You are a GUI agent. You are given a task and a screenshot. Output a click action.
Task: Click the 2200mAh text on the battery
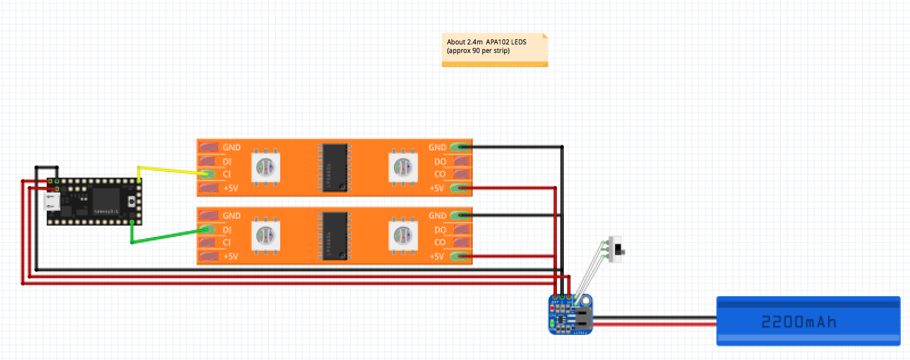point(798,322)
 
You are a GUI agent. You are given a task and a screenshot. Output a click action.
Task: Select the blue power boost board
point(571,314)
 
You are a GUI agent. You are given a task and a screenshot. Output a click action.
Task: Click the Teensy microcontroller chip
point(105,200)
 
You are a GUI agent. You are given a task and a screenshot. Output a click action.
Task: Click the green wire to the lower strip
point(165,236)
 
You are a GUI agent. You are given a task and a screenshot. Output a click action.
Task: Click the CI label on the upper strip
point(227,174)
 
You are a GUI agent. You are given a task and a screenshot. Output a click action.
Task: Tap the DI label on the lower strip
point(227,230)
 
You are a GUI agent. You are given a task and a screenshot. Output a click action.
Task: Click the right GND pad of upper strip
point(460,147)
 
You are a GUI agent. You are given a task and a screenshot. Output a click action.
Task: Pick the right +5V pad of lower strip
point(460,257)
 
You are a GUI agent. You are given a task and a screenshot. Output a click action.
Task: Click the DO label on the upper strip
point(440,161)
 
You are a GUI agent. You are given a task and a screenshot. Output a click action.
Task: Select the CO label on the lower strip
point(440,243)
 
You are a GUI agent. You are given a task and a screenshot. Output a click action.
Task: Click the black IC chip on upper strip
point(335,167)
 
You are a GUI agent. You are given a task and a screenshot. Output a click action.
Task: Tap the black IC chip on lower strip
point(335,236)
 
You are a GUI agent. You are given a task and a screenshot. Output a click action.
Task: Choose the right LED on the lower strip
point(403,236)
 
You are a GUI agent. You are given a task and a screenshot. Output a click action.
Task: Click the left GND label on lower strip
point(232,216)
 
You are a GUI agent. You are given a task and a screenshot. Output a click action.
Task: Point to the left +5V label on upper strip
point(231,188)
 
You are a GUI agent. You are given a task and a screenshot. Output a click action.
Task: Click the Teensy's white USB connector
point(52,201)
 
